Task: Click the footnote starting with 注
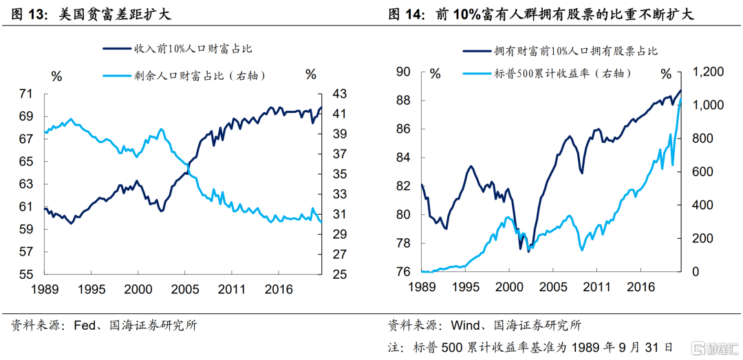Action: (x=530, y=347)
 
